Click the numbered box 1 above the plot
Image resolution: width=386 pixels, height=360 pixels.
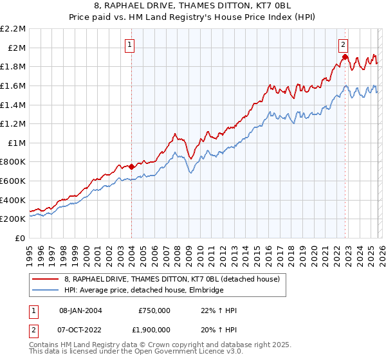[131, 45]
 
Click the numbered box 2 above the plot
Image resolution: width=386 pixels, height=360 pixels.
[344, 45]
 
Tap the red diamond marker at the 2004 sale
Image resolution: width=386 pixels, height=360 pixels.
[131, 166]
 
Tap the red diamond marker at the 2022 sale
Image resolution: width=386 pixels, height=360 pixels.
[345, 57]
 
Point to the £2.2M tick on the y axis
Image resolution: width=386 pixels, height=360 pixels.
[14, 29]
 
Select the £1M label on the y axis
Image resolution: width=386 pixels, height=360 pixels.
[17, 143]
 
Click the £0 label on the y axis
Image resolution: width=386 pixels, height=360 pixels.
[20, 238]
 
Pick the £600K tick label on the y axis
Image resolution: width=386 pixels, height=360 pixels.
[14, 181]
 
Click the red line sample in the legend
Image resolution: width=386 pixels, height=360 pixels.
[46, 280]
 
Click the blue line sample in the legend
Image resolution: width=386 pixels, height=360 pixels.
[46, 291]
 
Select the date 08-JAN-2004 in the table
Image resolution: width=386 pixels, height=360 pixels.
[81, 310]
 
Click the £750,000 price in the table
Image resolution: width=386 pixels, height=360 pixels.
[154, 310]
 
